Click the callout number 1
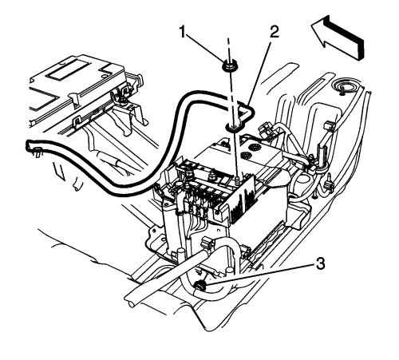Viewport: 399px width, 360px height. pos(183,33)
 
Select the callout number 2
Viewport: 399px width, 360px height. pos(275,32)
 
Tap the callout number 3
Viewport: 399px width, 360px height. pos(320,264)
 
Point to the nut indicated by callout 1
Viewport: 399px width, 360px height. pos(230,65)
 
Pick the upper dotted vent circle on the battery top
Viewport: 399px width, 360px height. pos(255,146)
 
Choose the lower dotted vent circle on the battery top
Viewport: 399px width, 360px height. pos(247,155)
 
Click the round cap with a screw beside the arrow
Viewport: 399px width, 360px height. pos(342,87)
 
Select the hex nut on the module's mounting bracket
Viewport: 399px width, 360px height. pos(123,99)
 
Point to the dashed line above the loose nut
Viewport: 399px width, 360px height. pos(228,49)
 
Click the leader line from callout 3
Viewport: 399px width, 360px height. pos(262,275)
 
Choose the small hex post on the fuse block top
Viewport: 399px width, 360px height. pos(212,175)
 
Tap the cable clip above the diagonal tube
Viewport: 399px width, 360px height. pos(207,243)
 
